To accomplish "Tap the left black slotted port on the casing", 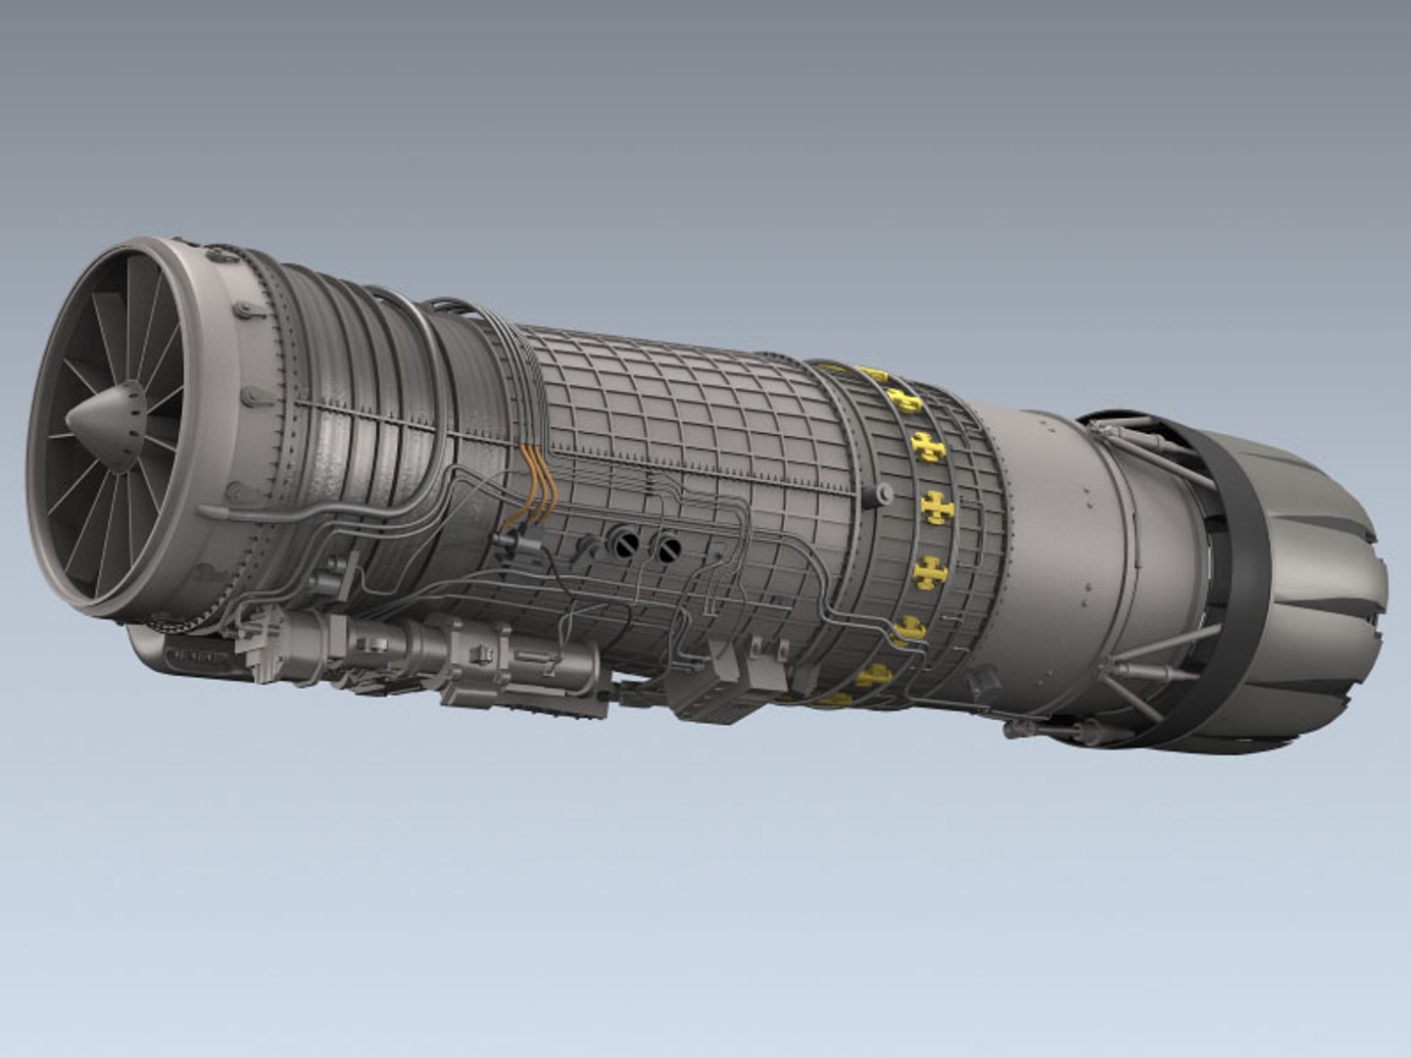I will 623,543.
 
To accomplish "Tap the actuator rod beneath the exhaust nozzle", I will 1142,672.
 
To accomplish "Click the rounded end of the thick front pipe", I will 207,511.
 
